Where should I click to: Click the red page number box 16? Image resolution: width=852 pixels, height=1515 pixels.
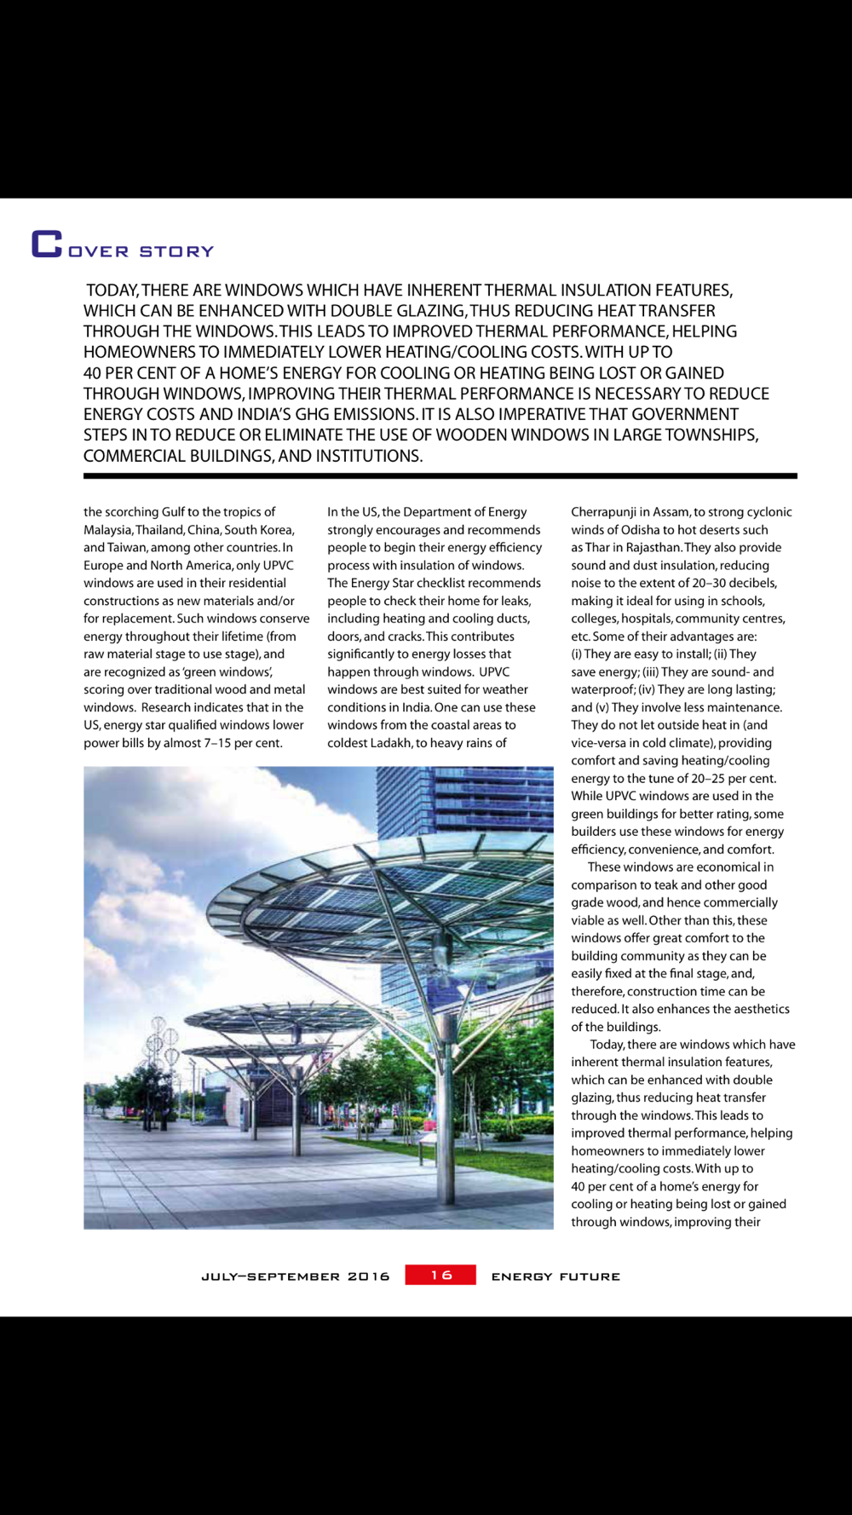click(x=440, y=1275)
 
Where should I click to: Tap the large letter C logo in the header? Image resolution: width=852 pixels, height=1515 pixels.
click(x=47, y=244)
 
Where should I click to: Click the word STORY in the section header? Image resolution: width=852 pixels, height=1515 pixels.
click(x=176, y=251)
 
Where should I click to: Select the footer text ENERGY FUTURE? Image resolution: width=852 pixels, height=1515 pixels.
click(x=556, y=1276)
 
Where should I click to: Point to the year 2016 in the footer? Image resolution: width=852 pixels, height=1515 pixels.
click(x=368, y=1276)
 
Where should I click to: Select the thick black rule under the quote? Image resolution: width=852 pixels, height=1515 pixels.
click(x=440, y=475)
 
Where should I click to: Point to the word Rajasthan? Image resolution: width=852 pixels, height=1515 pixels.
click(x=653, y=548)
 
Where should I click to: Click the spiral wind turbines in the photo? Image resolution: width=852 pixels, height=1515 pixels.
click(x=162, y=1040)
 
